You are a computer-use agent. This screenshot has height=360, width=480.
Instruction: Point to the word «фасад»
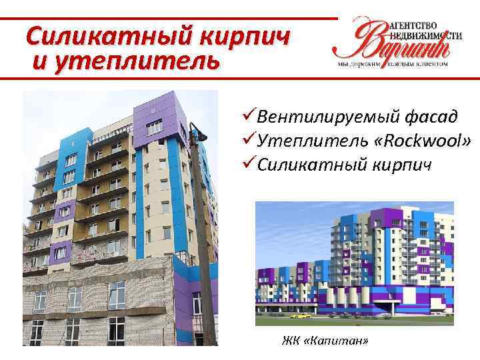point(429,117)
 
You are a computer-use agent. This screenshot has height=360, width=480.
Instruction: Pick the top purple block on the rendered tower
point(382,217)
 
